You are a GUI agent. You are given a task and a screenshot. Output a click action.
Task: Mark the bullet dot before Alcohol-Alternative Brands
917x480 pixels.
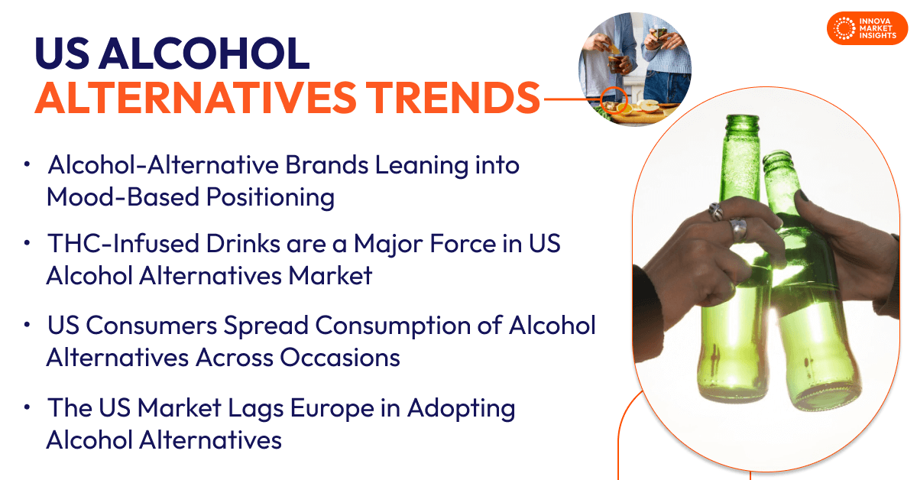(27, 164)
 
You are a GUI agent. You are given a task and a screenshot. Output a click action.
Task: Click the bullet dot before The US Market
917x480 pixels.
(27, 408)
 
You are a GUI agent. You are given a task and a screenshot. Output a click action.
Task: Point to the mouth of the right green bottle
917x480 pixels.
(778, 157)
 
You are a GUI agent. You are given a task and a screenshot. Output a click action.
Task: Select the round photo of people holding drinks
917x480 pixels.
(634, 69)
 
